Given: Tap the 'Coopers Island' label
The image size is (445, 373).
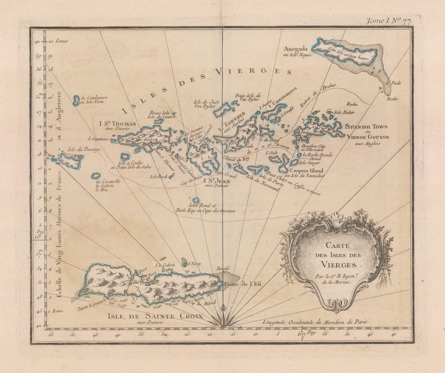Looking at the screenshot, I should [306, 171].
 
